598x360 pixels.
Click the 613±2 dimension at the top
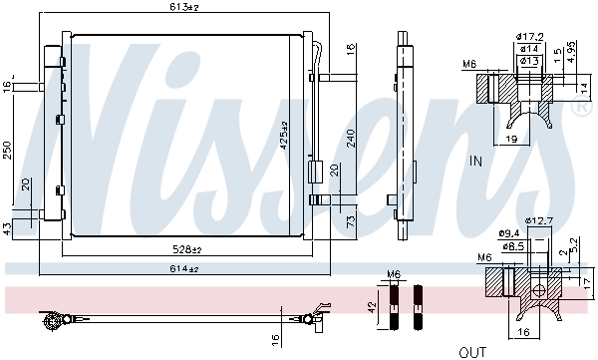(183, 8)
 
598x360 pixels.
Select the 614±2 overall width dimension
(183, 269)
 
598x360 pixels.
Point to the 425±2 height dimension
(285, 137)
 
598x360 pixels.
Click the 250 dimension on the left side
(6, 150)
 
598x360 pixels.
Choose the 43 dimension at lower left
(6, 229)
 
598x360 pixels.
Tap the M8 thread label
(468, 66)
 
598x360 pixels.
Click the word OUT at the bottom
(472, 352)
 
